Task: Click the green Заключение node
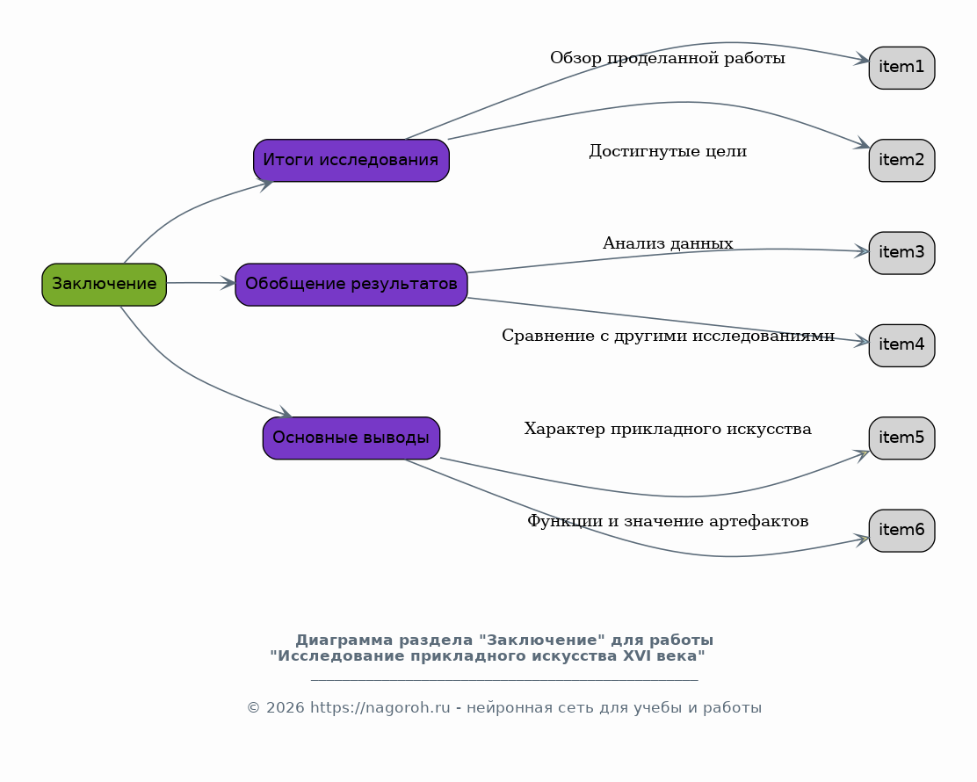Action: [x=104, y=284]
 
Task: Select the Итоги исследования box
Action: [x=351, y=160]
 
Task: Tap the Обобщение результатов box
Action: [x=351, y=284]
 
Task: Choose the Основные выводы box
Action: [x=351, y=438]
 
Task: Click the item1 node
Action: [x=901, y=68]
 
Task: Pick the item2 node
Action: [x=901, y=160]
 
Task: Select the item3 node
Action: [x=901, y=253]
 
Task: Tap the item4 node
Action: [x=901, y=345]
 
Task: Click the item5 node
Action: [x=901, y=438]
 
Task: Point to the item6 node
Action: [x=901, y=530]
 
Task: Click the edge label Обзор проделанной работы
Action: [x=668, y=59]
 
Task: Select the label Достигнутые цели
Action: [x=668, y=151]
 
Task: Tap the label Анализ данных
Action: [x=668, y=243]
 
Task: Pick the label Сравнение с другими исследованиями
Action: [x=668, y=337]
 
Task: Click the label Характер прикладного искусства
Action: [x=668, y=430]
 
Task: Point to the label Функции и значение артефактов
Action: [x=668, y=522]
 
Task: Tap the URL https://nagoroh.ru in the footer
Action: [x=380, y=708]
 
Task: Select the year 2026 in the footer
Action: [x=285, y=708]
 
